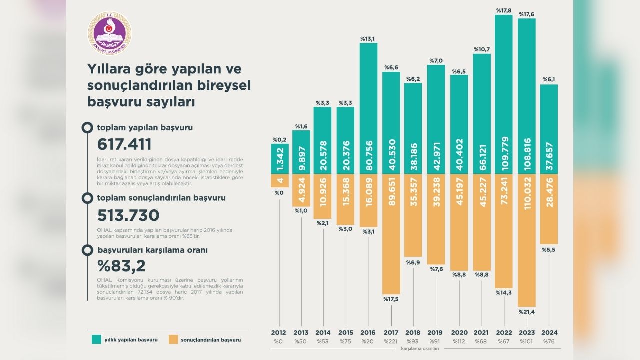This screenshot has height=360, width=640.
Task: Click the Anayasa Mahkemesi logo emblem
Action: (110, 33)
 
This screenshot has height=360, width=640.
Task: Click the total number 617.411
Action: (124, 144)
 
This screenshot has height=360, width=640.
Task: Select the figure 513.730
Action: (128, 215)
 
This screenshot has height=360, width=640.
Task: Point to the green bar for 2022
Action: (504, 94)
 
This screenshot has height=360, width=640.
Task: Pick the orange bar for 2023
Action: (526, 240)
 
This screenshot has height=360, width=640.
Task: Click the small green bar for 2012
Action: (279, 159)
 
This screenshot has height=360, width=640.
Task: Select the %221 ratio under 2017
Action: (391, 341)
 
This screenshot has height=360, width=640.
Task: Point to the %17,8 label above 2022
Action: (503, 10)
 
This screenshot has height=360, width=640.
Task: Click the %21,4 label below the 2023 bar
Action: (526, 312)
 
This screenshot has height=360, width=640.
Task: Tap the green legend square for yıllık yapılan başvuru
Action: (96, 340)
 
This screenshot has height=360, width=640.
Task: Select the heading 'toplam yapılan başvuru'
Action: (145, 127)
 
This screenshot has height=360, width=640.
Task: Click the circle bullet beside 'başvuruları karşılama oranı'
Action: (87, 250)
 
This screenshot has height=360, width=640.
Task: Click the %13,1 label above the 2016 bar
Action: (368, 39)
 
